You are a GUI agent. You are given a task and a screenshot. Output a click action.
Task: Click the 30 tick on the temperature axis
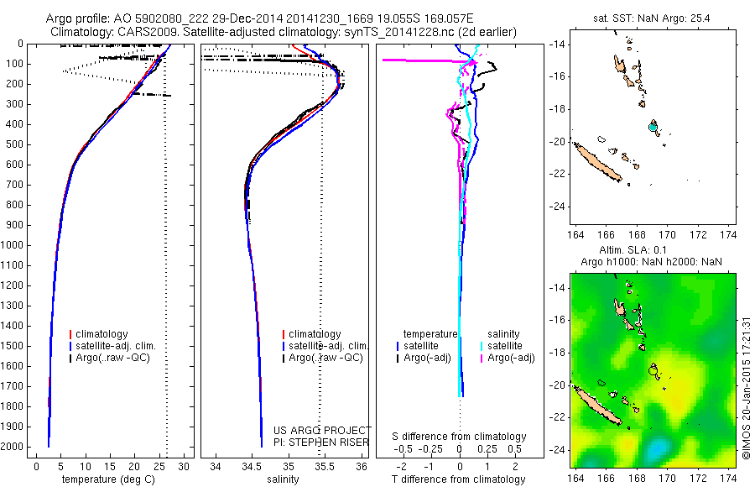pos(185,466)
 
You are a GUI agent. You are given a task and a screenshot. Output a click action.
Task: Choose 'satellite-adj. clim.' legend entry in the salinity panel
pos(329,346)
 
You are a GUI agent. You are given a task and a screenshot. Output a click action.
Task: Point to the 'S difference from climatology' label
pos(460,437)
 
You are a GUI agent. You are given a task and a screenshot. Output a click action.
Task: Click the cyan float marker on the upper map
pos(653,127)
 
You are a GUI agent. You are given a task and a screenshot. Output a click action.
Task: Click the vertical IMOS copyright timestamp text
pos(746,388)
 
